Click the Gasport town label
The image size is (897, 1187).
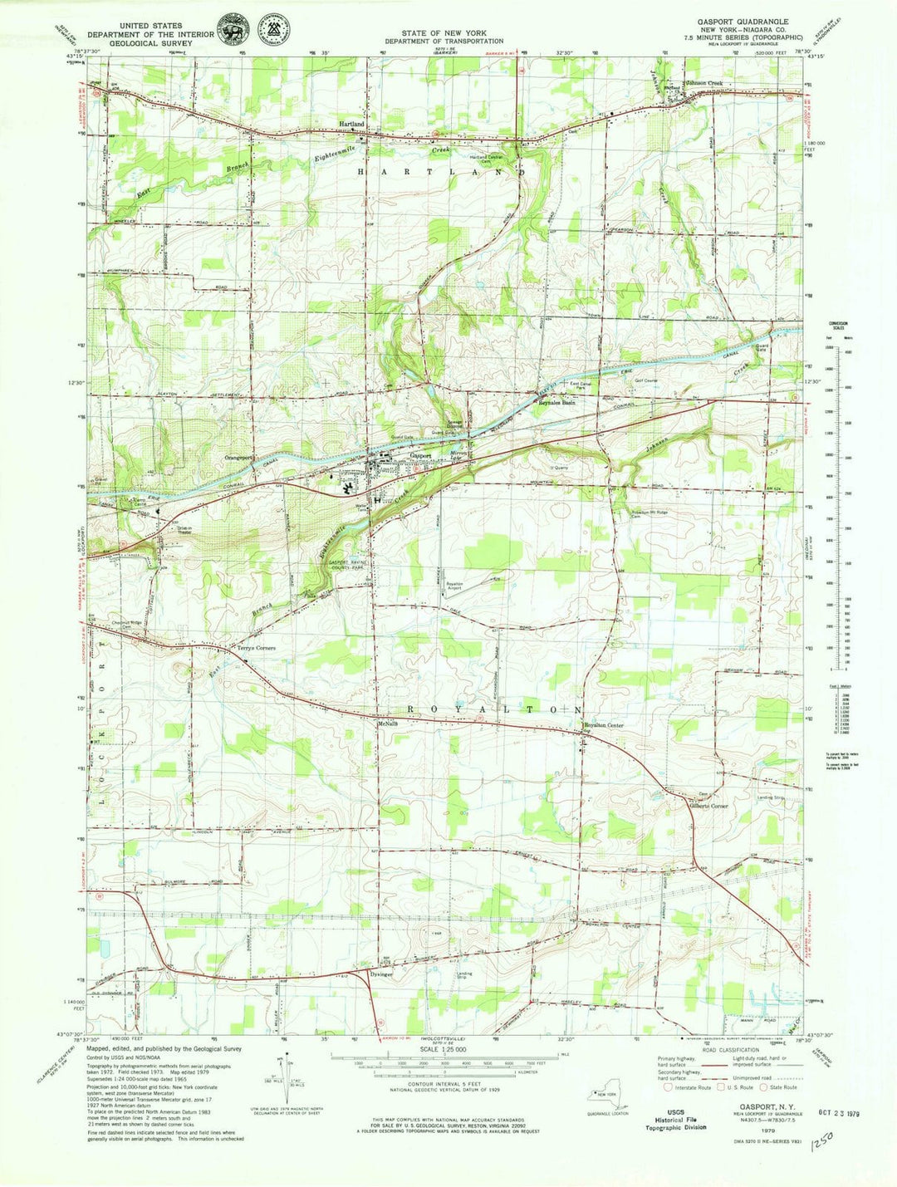pos(420,455)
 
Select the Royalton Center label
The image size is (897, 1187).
pos(603,725)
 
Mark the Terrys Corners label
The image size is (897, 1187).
pos(257,648)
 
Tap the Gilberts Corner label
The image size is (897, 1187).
pos(708,806)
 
